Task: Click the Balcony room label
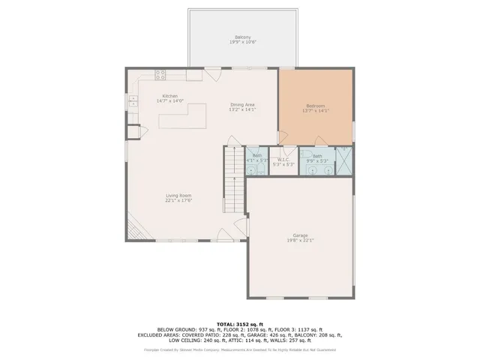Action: click(x=242, y=37)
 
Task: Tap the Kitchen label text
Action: click(x=170, y=95)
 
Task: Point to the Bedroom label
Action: click(x=316, y=106)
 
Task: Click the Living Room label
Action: click(x=178, y=195)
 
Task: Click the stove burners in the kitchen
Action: click(x=160, y=73)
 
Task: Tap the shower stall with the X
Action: click(x=344, y=161)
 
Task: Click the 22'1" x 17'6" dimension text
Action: click(x=178, y=200)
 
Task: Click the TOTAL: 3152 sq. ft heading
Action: click(x=241, y=322)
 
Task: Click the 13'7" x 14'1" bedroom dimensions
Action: click(x=316, y=111)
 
